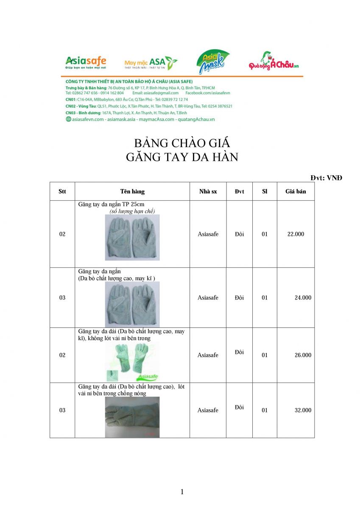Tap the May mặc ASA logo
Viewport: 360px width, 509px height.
pos(151,63)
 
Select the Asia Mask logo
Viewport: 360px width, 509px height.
pos(212,62)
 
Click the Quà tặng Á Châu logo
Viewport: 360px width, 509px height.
pos(274,64)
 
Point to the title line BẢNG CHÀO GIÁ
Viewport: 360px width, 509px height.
pos(182,143)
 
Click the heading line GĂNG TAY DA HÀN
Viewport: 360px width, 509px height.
pos(182,157)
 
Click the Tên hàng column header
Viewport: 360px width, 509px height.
pos(132,191)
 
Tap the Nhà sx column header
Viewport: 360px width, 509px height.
pos(208,191)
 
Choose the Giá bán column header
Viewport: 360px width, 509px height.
pos(296,191)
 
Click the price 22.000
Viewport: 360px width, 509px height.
pos(296,234)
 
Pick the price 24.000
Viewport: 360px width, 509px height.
pos(303,298)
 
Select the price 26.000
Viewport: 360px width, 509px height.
pos(303,355)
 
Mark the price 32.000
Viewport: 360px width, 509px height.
pos(303,410)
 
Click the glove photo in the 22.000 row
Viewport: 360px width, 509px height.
pos(132,237)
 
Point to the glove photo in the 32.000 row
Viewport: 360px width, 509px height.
pos(132,417)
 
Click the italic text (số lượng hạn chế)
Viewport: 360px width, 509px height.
pos(132,211)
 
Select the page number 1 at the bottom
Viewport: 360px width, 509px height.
pos(182,492)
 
